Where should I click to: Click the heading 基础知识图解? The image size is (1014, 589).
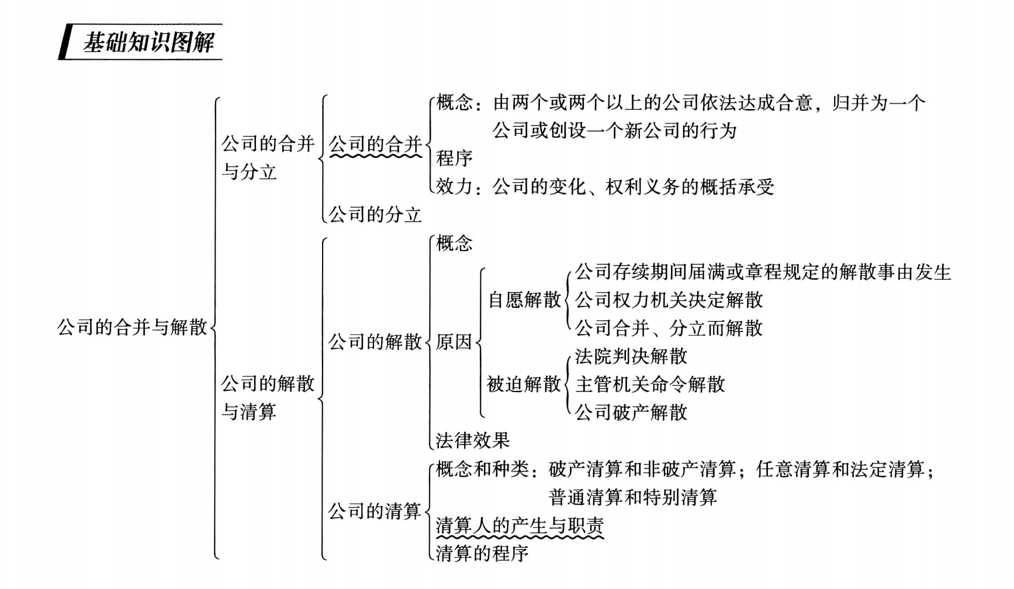point(148,42)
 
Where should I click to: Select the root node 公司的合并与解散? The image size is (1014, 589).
point(132,327)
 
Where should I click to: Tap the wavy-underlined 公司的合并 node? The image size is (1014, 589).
point(375,144)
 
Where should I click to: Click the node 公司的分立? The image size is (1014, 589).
point(375,214)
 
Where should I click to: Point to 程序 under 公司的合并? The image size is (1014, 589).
point(454,158)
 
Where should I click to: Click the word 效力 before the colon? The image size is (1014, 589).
point(454,186)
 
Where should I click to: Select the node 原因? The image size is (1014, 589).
point(454,342)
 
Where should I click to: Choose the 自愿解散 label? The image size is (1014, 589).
point(524,300)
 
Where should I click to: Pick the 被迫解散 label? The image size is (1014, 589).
point(524,384)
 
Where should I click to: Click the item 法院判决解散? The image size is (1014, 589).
point(631,356)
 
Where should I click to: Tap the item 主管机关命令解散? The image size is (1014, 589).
point(650,384)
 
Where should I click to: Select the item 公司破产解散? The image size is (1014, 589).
point(631,413)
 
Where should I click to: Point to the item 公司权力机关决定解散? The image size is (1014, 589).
point(669,300)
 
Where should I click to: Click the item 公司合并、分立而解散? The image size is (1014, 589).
point(669,328)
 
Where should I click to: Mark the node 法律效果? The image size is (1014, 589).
point(473,440)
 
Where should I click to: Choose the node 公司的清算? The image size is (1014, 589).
point(375,511)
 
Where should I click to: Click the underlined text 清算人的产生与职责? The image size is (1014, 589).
point(520,525)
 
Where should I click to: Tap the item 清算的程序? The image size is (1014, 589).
point(482,553)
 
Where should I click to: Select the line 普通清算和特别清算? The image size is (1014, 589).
point(632,497)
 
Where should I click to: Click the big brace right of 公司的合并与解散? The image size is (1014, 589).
point(214,327)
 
